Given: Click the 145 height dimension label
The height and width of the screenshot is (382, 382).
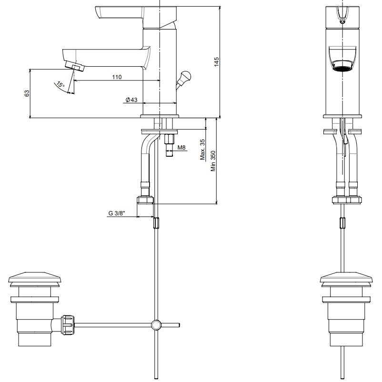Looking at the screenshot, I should (216, 62).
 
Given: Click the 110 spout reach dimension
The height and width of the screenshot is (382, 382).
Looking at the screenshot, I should (117, 77).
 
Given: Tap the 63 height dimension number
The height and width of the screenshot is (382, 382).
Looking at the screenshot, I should (26, 93).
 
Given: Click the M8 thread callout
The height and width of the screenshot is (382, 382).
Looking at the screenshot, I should (181, 148).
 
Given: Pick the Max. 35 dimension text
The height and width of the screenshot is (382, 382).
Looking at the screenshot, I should (202, 151).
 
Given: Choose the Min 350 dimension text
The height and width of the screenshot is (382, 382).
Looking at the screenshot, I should (214, 161).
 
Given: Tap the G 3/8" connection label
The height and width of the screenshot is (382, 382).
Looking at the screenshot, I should (117, 214).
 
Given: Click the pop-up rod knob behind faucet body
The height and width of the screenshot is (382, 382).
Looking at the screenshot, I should (185, 75).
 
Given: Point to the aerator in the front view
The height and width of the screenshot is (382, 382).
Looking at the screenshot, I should (343, 66).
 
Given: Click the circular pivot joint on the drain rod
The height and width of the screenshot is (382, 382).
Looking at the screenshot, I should (156, 325).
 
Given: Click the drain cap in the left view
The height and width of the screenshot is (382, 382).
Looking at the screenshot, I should (33, 278).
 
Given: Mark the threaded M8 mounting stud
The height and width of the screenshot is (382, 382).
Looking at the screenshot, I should (169, 145).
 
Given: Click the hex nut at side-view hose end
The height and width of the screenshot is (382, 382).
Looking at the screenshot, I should (145, 199).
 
